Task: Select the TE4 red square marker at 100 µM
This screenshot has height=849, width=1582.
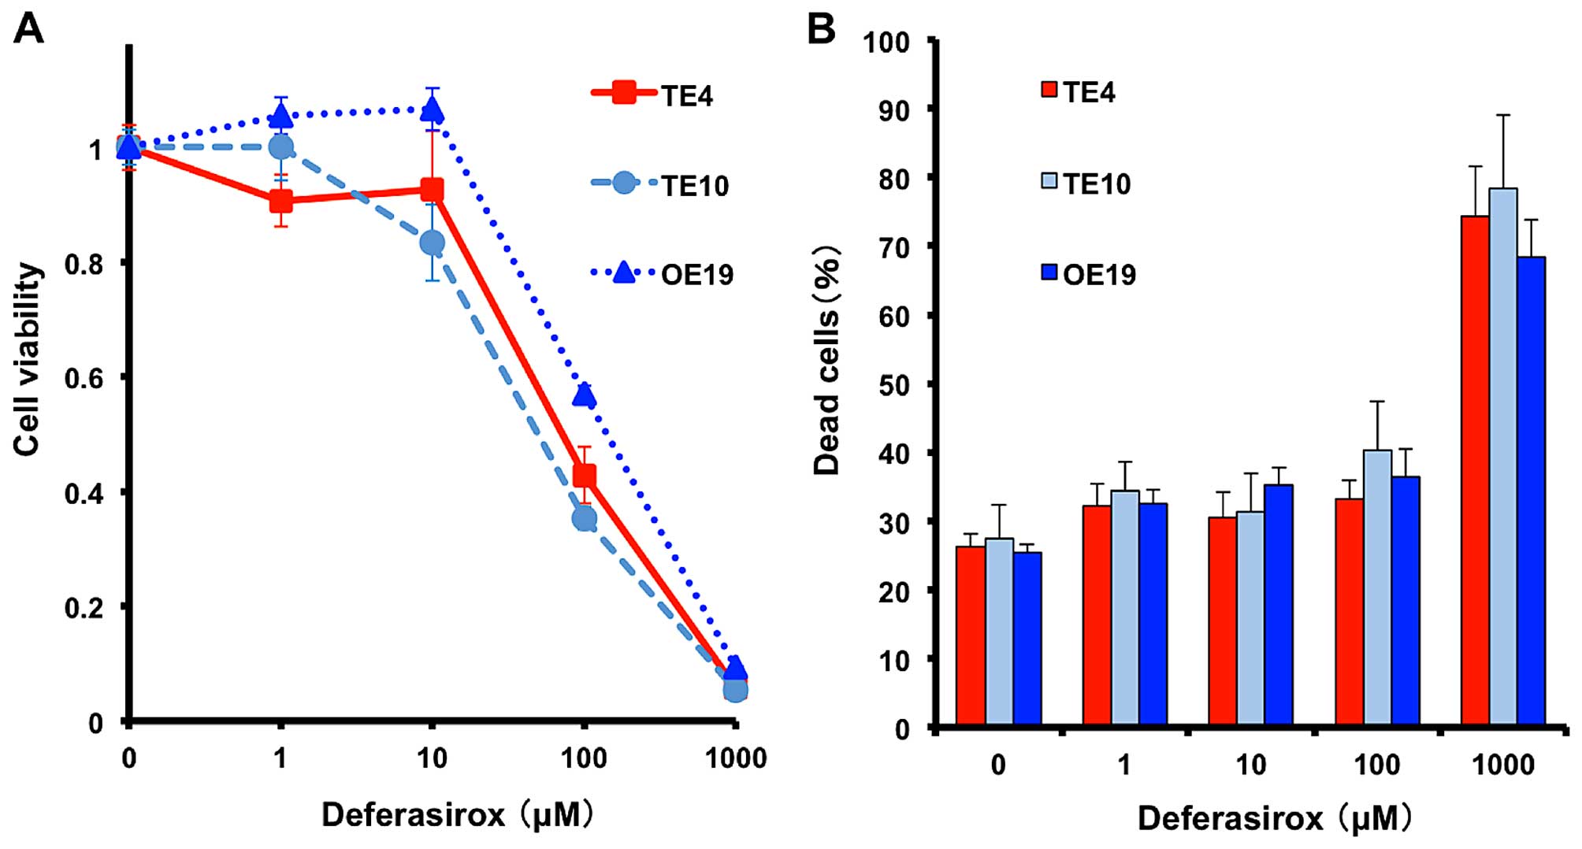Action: click(584, 476)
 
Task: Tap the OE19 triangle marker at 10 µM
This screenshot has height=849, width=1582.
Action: click(432, 110)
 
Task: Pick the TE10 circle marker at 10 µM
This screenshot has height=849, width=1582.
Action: click(432, 243)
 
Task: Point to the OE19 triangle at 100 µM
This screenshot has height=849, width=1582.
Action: click(584, 395)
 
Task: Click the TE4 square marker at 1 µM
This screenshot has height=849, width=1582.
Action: click(280, 201)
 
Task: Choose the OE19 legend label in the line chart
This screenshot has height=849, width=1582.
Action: click(697, 275)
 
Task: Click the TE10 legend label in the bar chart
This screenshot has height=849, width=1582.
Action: click(1097, 184)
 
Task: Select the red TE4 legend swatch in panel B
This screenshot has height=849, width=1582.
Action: click(1049, 89)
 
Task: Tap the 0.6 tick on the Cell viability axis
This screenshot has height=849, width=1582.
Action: click(84, 378)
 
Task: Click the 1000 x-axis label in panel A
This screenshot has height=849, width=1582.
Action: click(735, 758)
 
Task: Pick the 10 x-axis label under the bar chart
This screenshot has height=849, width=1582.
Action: click(1250, 765)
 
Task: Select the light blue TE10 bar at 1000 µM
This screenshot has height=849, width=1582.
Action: click(1503, 457)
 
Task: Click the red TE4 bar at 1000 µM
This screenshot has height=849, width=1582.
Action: click(1475, 470)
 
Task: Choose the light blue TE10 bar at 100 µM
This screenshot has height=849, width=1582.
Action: click(1377, 588)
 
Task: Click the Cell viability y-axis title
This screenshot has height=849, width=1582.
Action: click(28, 359)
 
